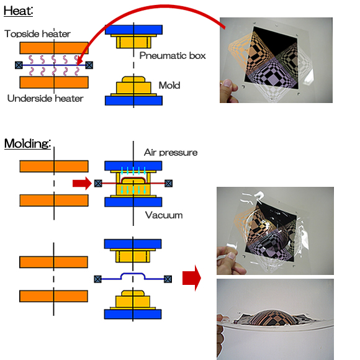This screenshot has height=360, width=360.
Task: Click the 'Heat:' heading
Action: (x=19, y=11)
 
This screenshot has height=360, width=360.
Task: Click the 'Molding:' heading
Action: (x=27, y=143)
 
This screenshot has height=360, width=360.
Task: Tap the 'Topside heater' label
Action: (x=37, y=34)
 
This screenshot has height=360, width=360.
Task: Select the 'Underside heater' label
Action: (x=45, y=99)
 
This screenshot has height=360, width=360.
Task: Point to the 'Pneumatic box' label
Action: (x=173, y=56)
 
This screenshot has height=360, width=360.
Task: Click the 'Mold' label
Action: (x=169, y=86)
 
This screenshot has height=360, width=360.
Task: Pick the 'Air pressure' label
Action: (x=171, y=153)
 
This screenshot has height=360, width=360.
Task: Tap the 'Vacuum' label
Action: (x=164, y=215)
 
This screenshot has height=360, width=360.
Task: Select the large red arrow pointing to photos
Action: (x=192, y=278)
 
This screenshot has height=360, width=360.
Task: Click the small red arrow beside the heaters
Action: (x=82, y=184)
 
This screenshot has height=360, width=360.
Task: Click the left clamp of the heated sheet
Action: (x=19, y=65)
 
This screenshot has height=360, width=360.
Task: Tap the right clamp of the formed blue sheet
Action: (x=168, y=279)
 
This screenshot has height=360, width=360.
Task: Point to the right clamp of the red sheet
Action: (x=169, y=184)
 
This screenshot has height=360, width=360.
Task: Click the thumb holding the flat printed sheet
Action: (x=228, y=84)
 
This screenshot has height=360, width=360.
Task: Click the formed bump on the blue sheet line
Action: (x=133, y=275)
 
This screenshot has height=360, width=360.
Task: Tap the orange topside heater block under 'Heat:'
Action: (x=54, y=48)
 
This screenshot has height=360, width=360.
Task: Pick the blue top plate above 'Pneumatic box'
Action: (x=133, y=30)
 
